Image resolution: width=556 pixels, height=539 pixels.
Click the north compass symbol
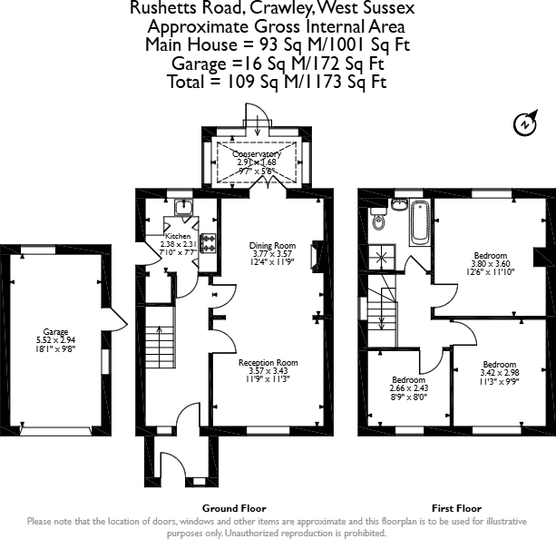[525, 123]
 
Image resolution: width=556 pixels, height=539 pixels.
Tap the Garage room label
[55, 332]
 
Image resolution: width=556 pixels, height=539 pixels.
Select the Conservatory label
[257, 154]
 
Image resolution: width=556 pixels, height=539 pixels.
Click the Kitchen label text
[178, 236]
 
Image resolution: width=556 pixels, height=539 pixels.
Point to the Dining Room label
[272, 246]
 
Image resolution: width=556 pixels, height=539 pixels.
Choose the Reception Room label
[268, 363]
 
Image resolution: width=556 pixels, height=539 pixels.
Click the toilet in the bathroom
[378, 219]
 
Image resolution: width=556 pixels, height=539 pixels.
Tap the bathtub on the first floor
[420, 223]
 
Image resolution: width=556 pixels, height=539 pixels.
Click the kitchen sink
[184, 207]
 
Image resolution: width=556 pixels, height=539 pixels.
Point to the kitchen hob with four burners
[208, 243]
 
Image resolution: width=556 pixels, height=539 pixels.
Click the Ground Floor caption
[234, 508]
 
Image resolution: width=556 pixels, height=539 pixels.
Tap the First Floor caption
[457, 508]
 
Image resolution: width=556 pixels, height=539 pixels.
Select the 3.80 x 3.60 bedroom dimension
[491, 264]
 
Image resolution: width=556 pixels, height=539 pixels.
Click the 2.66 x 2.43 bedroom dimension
[408, 388]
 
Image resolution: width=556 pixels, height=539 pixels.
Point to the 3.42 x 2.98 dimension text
[500, 373]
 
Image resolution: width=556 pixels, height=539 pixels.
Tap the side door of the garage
[114, 319]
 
